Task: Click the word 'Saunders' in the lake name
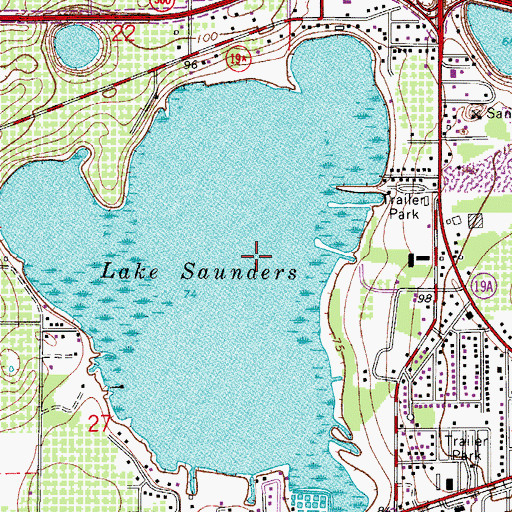[238, 271]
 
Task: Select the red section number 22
[124, 35]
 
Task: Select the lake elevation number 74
[190, 293]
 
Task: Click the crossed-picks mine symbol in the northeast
[476, 112]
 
